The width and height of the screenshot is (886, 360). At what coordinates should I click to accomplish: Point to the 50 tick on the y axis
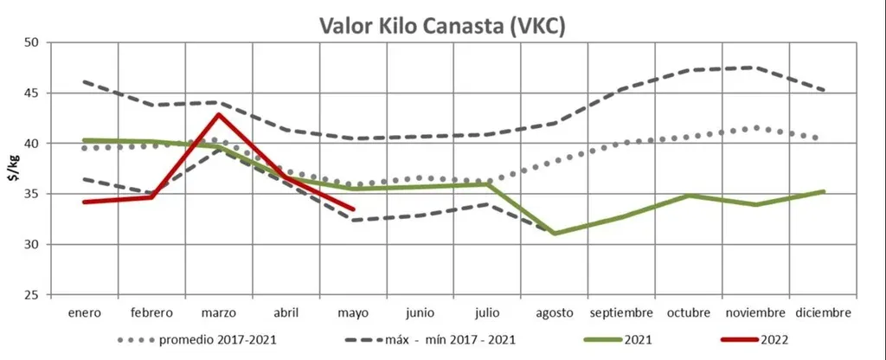coord(32,42)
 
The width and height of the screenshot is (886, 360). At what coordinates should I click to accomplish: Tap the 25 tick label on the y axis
coord(32,295)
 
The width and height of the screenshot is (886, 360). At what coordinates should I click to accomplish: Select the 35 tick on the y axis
coord(32,194)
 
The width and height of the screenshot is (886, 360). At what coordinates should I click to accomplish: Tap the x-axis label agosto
coord(554,312)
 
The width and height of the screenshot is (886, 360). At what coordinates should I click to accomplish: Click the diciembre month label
coord(823,312)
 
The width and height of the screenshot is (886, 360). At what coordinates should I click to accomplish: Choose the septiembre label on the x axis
coord(621,312)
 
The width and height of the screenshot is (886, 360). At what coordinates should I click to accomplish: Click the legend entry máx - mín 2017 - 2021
coord(431,338)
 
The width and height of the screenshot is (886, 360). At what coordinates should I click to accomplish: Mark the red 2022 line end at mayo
coord(353,209)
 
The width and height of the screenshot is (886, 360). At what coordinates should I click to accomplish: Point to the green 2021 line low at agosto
coord(554,233)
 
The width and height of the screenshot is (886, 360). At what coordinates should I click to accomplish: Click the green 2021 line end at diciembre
coord(823,191)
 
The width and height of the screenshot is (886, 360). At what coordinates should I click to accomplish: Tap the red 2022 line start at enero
coord(83,202)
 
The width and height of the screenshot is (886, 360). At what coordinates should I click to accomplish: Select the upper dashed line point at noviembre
coord(755,67)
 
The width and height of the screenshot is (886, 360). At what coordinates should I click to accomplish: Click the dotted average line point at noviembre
coord(755,128)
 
